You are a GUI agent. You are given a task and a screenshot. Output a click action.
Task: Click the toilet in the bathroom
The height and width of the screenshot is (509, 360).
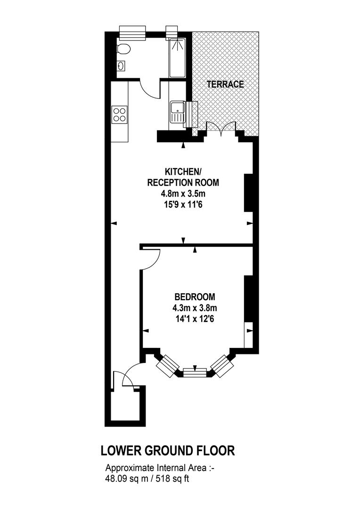[123, 49]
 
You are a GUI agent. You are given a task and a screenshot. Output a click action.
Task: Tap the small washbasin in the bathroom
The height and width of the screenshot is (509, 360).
[121, 66]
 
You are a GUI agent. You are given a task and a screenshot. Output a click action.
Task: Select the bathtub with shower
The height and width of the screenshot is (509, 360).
[177, 58]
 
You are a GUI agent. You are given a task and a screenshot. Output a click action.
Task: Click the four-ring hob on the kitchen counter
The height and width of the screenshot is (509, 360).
[120, 114]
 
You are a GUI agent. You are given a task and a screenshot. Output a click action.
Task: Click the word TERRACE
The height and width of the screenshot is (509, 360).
[225, 84]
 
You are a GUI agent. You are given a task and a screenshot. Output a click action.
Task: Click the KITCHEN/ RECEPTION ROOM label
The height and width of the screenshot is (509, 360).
[183, 177]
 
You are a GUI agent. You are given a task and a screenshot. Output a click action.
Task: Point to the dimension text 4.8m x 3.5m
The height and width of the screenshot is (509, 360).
[183, 194]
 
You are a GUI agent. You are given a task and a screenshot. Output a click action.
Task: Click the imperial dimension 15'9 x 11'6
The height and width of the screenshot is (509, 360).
[183, 205]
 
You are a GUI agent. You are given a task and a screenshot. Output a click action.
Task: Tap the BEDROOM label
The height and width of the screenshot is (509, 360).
[195, 297]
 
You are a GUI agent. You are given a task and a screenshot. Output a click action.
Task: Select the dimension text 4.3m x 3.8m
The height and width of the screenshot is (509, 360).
[195, 308]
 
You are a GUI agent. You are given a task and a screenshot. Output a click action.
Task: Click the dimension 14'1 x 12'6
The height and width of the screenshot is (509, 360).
[195, 319]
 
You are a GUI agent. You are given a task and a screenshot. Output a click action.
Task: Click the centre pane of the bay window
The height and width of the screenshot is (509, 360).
[195, 372]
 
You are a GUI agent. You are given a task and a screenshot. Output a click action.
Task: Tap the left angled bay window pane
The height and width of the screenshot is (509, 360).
[167, 366]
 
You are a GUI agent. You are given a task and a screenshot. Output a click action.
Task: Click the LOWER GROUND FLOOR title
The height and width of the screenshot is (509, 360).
[168, 451]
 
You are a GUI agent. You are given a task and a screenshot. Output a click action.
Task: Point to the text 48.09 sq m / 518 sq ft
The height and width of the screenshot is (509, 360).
[147, 478]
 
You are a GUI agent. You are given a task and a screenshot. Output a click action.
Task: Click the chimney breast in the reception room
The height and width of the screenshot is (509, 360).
[248, 193]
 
